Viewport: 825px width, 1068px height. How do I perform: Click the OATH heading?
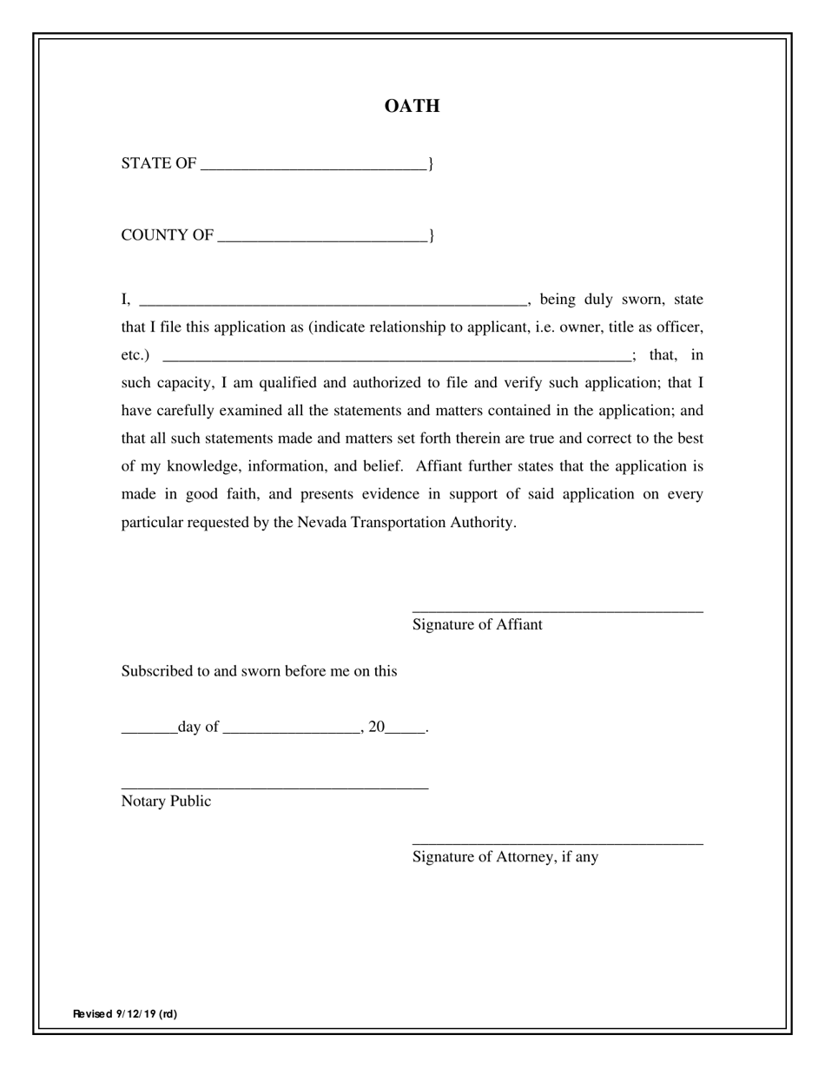pyautogui.click(x=412, y=106)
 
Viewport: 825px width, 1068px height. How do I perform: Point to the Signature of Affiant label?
pyautogui.click(x=477, y=624)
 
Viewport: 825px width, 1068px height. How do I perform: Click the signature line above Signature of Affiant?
pyautogui.click(x=558, y=611)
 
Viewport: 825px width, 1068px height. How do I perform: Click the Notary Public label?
pyautogui.click(x=166, y=801)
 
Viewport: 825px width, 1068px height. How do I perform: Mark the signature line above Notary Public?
pyautogui.click(x=274, y=788)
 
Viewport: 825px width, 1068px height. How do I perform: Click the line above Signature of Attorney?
pyautogui.click(x=558, y=843)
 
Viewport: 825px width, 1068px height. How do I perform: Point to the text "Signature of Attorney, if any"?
pyautogui.click(x=505, y=857)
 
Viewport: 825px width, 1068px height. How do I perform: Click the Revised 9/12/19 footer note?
pyautogui.click(x=125, y=1013)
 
